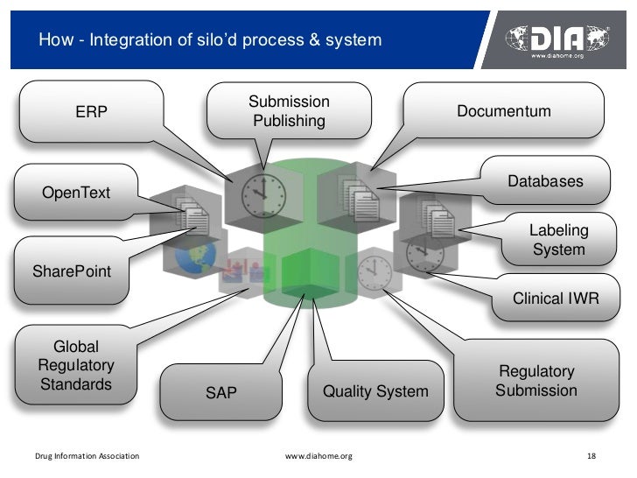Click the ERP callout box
(x=91, y=111)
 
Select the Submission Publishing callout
(x=289, y=111)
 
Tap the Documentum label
(x=503, y=111)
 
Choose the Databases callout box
(x=544, y=181)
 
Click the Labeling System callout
(x=558, y=240)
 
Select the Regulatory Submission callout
(x=535, y=381)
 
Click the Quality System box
(x=375, y=391)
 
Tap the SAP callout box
(x=220, y=393)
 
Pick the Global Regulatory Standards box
(x=75, y=366)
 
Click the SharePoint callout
(x=72, y=271)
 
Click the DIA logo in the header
(x=559, y=39)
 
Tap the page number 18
(x=591, y=456)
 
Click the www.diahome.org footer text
(x=318, y=456)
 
